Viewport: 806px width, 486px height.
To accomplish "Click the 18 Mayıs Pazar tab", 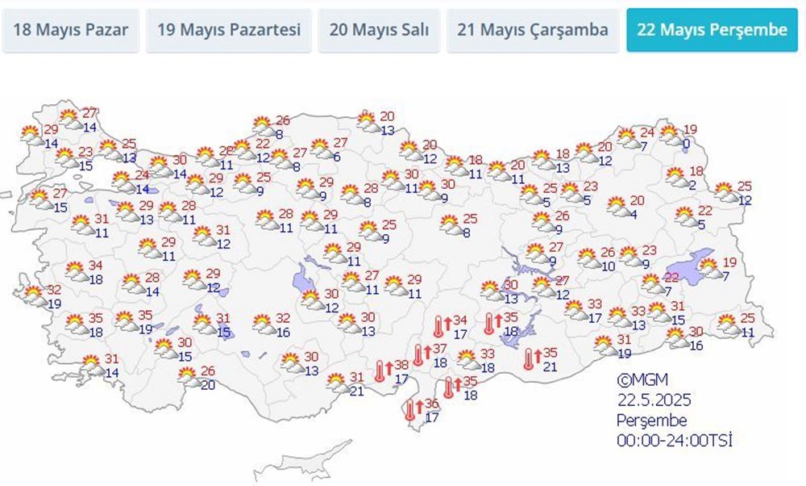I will (70, 31).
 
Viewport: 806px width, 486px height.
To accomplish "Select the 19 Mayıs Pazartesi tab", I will (229, 31).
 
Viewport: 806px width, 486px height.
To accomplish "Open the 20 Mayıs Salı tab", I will (379, 31).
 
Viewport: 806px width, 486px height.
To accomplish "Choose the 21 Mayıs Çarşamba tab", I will (532, 31).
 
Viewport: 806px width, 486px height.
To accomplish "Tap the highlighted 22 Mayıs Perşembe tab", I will (712, 31).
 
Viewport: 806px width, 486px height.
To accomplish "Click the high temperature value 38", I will (401, 364).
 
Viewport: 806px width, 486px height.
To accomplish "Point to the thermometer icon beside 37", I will (418, 354).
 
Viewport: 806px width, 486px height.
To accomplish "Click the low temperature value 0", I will (685, 144).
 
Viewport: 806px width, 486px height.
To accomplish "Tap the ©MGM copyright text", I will (642, 379).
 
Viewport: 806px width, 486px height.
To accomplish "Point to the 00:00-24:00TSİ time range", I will (675, 441).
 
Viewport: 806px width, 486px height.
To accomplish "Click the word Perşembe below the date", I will (651, 421).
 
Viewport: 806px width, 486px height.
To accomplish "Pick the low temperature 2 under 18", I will (692, 184).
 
